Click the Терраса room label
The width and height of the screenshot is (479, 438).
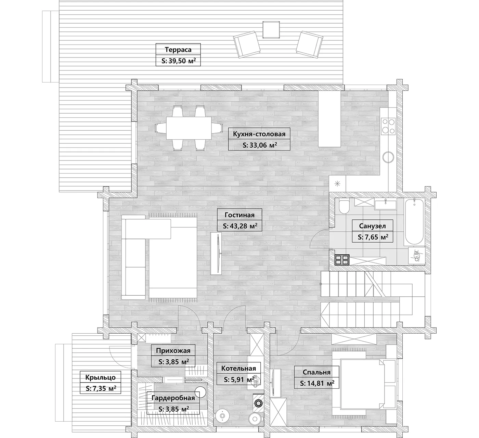click(x=178, y=50)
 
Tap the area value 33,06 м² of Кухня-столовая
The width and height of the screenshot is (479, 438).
click(x=259, y=145)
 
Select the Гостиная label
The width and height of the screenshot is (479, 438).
click(x=239, y=215)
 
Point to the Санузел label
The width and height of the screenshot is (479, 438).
click(x=372, y=226)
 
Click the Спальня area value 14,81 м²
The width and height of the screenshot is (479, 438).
click(x=317, y=383)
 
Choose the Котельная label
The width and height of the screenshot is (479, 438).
click(x=238, y=368)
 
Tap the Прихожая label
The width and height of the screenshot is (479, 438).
click(x=173, y=351)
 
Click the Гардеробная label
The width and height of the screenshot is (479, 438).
click(x=173, y=398)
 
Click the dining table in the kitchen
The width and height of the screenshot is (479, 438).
click(x=189, y=128)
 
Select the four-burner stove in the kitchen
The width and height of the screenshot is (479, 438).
click(x=388, y=126)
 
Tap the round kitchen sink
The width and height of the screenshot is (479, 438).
click(x=388, y=157)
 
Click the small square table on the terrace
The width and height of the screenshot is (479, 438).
click(x=271, y=30)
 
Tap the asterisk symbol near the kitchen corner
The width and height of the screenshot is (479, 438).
click(x=337, y=184)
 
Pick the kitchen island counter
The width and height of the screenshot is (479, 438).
click(x=329, y=119)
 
